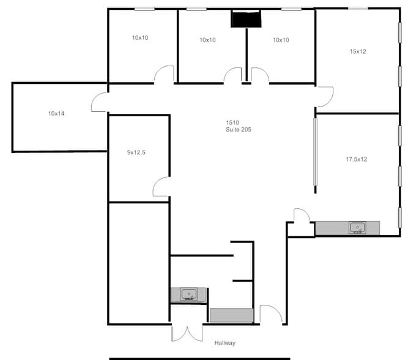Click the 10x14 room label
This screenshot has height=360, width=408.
click(x=56, y=113)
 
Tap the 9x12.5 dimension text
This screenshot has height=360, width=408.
click(x=136, y=152)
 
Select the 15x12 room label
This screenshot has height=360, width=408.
click(x=358, y=51)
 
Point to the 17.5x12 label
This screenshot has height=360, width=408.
click(x=356, y=159)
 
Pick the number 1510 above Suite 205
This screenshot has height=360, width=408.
click(x=233, y=122)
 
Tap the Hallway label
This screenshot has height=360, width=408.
click(x=224, y=343)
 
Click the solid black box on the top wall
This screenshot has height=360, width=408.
click(x=246, y=20)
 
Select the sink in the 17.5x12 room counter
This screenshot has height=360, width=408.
click(x=357, y=228)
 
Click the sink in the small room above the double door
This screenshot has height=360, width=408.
click(x=190, y=294)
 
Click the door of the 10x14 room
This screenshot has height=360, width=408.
click(x=100, y=103)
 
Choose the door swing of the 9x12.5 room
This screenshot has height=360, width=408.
click(x=161, y=187)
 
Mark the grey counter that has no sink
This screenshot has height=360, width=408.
click(x=231, y=315)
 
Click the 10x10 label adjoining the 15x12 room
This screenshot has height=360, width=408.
click(x=281, y=40)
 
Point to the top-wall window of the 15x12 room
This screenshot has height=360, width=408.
click(x=358, y=8)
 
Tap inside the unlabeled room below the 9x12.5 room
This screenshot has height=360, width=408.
click(x=139, y=262)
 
